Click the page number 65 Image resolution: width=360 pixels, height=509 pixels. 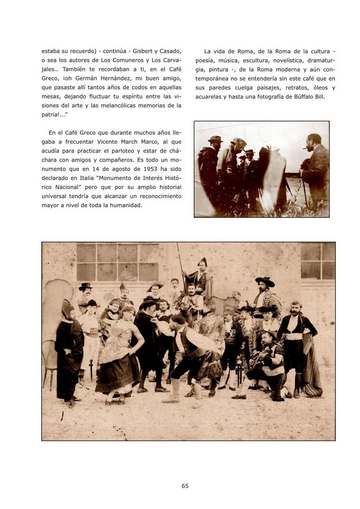tap(185, 486)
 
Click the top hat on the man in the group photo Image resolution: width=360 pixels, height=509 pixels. tap(86, 287)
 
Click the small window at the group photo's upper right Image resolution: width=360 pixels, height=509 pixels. tap(318, 260)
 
